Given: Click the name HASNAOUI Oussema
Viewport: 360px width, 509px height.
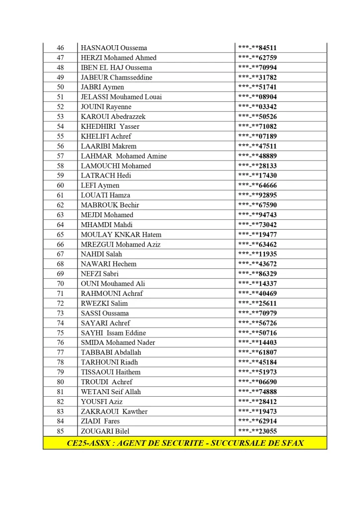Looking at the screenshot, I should (x=114, y=48).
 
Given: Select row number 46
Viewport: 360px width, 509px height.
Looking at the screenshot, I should (x=60, y=48).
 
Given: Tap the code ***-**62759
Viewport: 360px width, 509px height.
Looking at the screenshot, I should (x=258, y=58).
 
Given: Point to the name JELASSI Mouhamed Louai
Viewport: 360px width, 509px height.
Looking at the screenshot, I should (x=121, y=97).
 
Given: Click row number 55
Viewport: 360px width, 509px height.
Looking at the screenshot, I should (x=60, y=136).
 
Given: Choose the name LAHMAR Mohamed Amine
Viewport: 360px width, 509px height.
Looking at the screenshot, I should (x=123, y=156).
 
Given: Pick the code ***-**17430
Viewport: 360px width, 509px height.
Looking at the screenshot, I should (x=258, y=175).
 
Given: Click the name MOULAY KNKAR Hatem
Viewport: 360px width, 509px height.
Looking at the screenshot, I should (x=121, y=235).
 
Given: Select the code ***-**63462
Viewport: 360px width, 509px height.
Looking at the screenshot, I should (x=258, y=245).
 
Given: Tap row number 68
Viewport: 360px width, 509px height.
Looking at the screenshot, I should (x=60, y=264).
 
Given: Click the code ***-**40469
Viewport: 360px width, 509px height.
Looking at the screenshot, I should (x=258, y=293).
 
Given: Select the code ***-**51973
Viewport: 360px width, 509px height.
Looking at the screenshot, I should (x=258, y=372).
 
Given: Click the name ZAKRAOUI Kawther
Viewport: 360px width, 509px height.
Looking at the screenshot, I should (x=114, y=412).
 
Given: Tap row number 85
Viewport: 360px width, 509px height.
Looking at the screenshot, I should (x=60, y=431).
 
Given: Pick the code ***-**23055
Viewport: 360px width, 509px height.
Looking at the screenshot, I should (x=258, y=431).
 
